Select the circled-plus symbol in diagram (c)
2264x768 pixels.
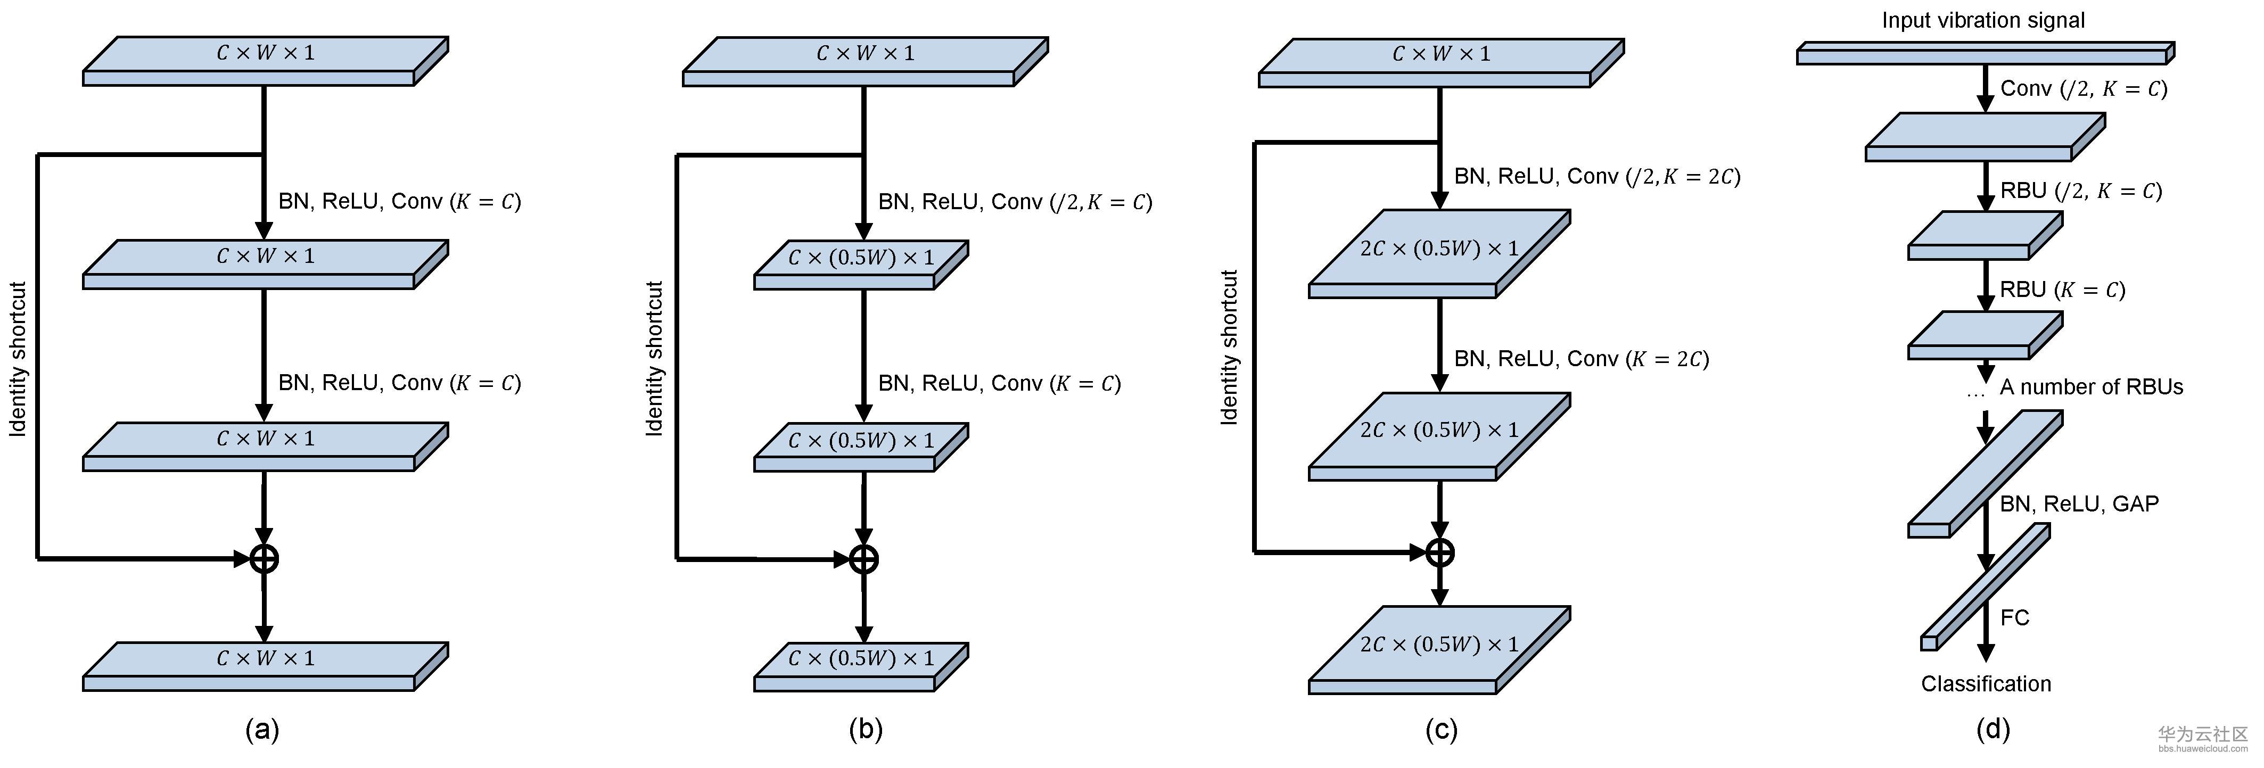tap(1439, 552)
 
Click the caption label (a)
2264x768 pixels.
tap(262, 729)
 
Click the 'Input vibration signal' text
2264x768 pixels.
tap(1983, 20)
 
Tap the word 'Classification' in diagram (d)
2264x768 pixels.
tap(1986, 684)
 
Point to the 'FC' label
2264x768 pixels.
tap(2014, 618)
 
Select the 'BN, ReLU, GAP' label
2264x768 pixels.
tap(2079, 503)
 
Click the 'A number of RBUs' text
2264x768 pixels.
tap(2091, 386)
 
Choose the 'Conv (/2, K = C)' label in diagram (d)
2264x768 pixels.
tap(2083, 89)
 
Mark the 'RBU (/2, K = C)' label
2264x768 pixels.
tap(2080, 191)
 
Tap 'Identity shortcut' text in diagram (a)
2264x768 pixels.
tap(18, 359)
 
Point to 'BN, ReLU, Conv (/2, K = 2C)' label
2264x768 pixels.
tap(1596, 177)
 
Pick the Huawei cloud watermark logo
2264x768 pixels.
tap(2202, 738)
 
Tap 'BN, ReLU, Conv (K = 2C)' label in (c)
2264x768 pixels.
tap(1580, 359)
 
